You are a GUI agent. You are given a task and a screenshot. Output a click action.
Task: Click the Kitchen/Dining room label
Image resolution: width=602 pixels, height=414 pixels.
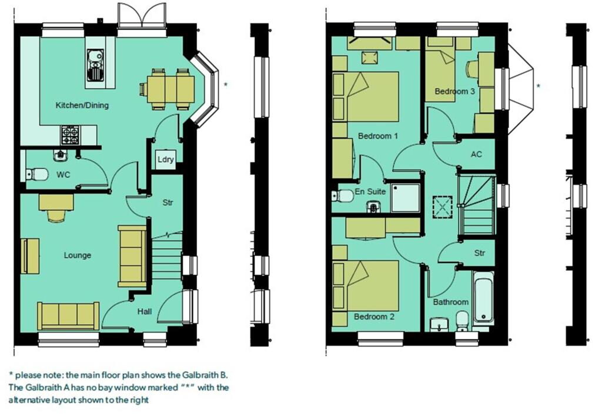click(82, 105)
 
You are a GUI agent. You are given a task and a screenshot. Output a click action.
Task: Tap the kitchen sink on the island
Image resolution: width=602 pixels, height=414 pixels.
click(95, 65)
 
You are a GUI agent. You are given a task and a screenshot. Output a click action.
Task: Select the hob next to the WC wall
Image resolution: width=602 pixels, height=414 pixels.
click(71, 136)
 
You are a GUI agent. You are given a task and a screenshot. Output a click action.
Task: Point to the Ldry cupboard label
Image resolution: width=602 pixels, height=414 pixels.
click(165, 160)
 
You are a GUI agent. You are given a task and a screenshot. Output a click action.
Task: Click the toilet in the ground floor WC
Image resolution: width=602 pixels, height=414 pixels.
click(38, 174)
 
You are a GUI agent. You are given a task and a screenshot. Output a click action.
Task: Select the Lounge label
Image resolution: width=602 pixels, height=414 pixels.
click(78, 255)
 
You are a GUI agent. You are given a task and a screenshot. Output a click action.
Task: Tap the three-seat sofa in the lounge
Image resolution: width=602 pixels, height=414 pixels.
click(69, 316)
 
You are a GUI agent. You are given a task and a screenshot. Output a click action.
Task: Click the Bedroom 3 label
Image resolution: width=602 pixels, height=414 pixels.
click(455, 92)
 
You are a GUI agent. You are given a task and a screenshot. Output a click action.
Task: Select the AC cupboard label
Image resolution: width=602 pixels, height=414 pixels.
click(477, 154)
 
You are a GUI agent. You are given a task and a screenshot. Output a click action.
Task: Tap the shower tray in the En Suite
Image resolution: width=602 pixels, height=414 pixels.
click(406, 198)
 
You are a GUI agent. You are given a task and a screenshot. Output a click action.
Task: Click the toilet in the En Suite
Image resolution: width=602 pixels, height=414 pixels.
click(343, 195)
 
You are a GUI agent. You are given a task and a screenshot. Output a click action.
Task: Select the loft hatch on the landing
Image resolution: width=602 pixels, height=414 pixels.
click(441, 206)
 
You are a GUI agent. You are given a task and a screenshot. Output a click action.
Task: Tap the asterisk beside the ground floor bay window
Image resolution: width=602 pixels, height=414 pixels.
click(226, 85)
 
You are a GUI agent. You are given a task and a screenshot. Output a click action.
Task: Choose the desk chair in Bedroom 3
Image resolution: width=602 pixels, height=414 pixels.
click(472, 70)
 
